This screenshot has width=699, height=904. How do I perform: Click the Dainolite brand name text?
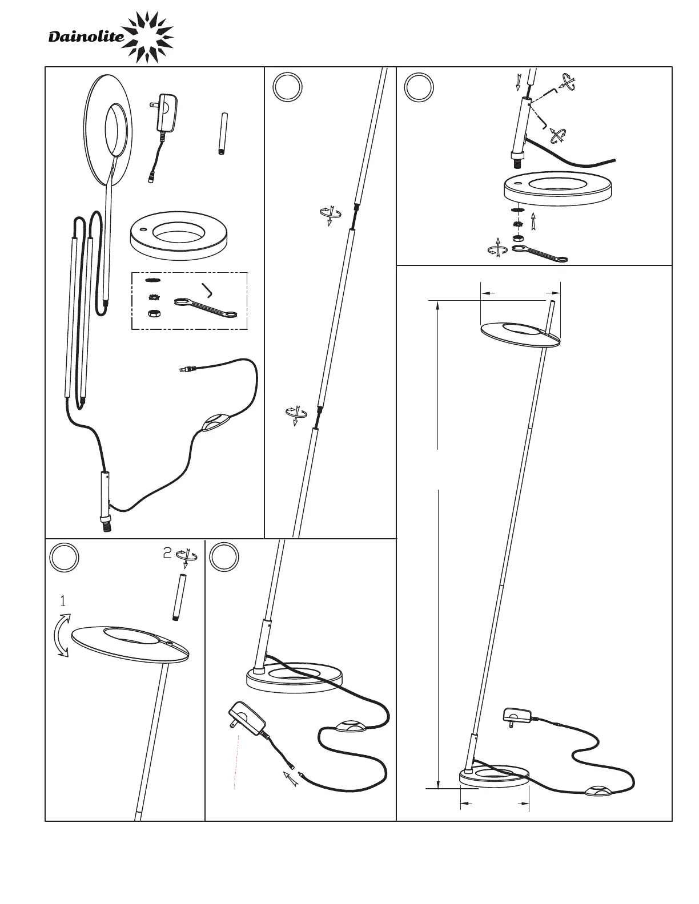(x=86, y=37)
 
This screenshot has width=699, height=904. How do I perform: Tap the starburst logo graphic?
(x=148, y=37)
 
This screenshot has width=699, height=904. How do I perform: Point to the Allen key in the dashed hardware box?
(x=207, y=290)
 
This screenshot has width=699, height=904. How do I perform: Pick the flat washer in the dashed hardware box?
(x=152, y=280)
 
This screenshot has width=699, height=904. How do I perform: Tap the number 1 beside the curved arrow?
(x=63, y=601)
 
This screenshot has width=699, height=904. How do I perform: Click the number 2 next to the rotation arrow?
(x=167, y=552)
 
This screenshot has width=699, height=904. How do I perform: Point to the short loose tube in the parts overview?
(x=223, y=134)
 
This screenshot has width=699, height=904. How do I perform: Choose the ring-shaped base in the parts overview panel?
(x=179, y=236)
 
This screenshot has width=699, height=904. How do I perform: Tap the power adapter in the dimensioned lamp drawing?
(x=517, y=716)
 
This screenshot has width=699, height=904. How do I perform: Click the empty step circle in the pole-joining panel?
(x=288, y=87)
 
